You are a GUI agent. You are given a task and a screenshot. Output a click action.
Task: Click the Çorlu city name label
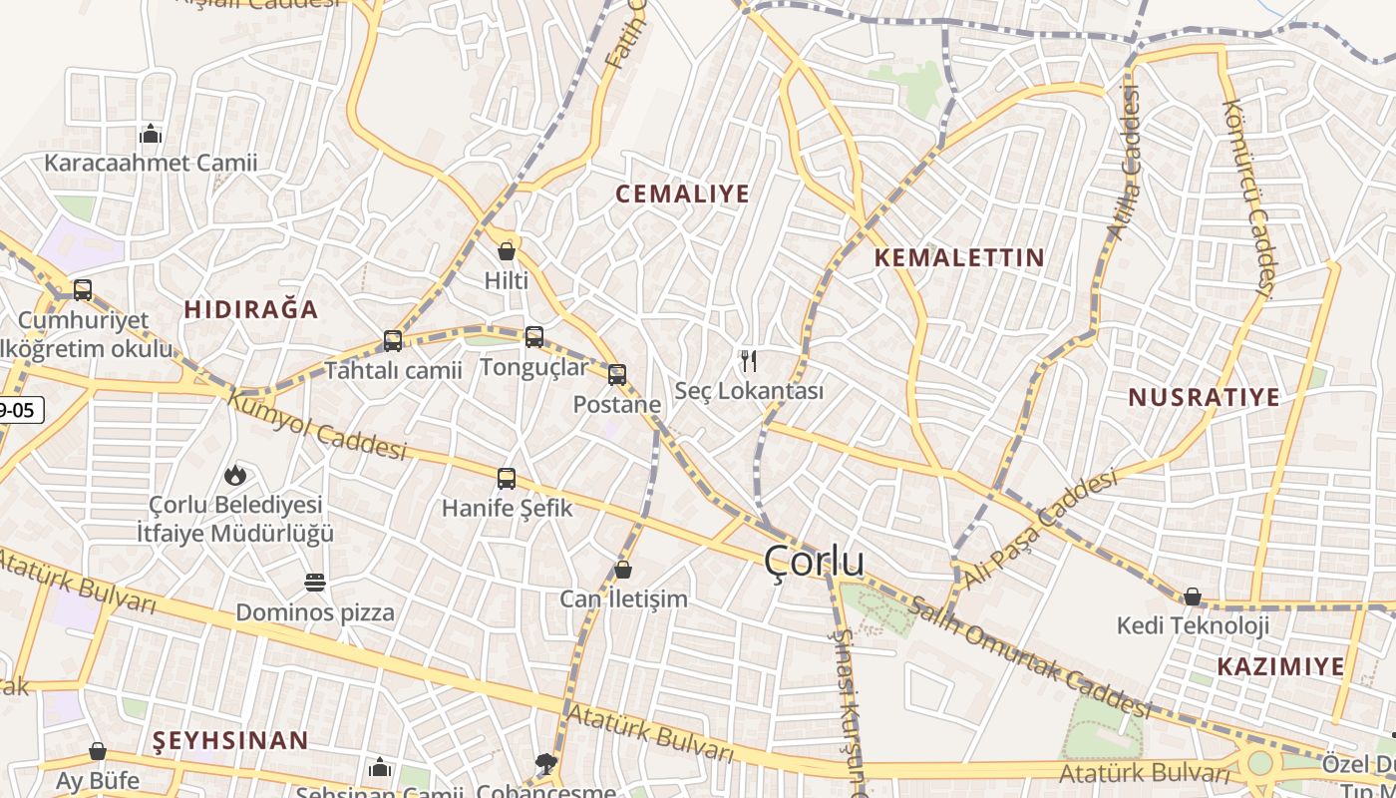[x=814, y=562]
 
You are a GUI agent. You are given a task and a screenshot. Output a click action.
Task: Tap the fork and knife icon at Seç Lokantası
[x=750, y=360]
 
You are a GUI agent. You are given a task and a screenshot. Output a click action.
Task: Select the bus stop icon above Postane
[x=617, y=375]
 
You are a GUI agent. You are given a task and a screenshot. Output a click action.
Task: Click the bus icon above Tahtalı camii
[x=393, y=341]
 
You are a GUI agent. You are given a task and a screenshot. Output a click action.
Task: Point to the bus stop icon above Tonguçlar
[x=534, y=337]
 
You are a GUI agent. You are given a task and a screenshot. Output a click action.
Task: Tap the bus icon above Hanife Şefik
[x=507, y=479]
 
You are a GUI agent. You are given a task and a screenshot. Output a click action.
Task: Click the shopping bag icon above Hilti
[x=507, y=251]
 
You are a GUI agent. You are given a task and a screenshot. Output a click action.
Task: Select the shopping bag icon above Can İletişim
[x=623, y=570]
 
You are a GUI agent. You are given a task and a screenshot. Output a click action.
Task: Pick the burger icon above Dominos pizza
[x=315, y=583]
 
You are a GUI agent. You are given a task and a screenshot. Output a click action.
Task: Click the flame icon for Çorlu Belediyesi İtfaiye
[x=235, y=475]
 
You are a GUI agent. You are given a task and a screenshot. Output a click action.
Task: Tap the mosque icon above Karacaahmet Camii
[x=151, y=133]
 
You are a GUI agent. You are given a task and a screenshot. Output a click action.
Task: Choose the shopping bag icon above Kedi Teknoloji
[x=1192, y=597]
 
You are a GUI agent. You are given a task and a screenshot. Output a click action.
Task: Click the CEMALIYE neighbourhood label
[x=682, y=194]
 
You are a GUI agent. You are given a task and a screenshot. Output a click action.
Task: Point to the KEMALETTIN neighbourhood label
[x=959, y=257]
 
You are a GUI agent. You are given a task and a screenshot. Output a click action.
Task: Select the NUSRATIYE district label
[x=1204, y=397]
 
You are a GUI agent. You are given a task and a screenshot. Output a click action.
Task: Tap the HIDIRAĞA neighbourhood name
[x=251, y=309]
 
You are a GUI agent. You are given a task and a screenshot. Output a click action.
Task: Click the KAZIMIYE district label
[x=1280, y=666]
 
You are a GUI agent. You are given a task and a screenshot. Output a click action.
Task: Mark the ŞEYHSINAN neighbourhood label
[x=230, y=740]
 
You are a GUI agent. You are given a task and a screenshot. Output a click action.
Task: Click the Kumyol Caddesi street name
[x=317, y=425]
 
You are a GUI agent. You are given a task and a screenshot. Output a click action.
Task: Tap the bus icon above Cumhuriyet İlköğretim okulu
[x=83, y=290]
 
